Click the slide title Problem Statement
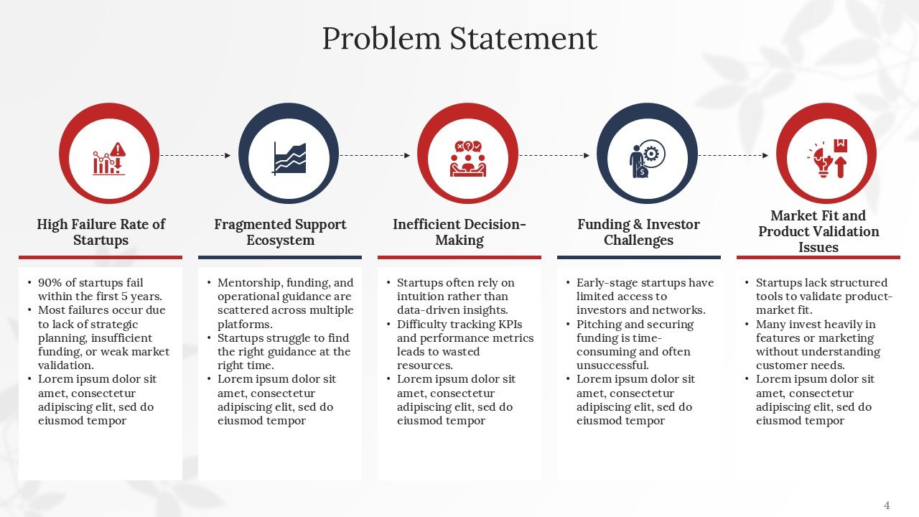click(x=459, y=38)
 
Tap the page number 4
click(x=887, y=506)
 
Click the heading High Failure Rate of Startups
click(x=101, y=232)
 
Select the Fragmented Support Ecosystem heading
click(x=280, y=232)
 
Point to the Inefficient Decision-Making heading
click(x=459, y=232)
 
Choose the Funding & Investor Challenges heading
click(x=638, y=232)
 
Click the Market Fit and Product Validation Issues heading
click(x=818, y=231)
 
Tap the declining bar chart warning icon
click(x=109, y=158)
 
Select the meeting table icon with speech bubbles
click(x=467, y=158)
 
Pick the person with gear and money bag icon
click(x=646, y=158)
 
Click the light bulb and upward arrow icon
click(x=826, y=158)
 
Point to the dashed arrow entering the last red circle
click(x=733, y=155)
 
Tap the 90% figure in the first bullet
click(x=49, y=283)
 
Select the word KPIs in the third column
click(x=507, y=325)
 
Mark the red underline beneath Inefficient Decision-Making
click(x=459, y=257)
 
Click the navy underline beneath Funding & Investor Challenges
click(x=638, y=257)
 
